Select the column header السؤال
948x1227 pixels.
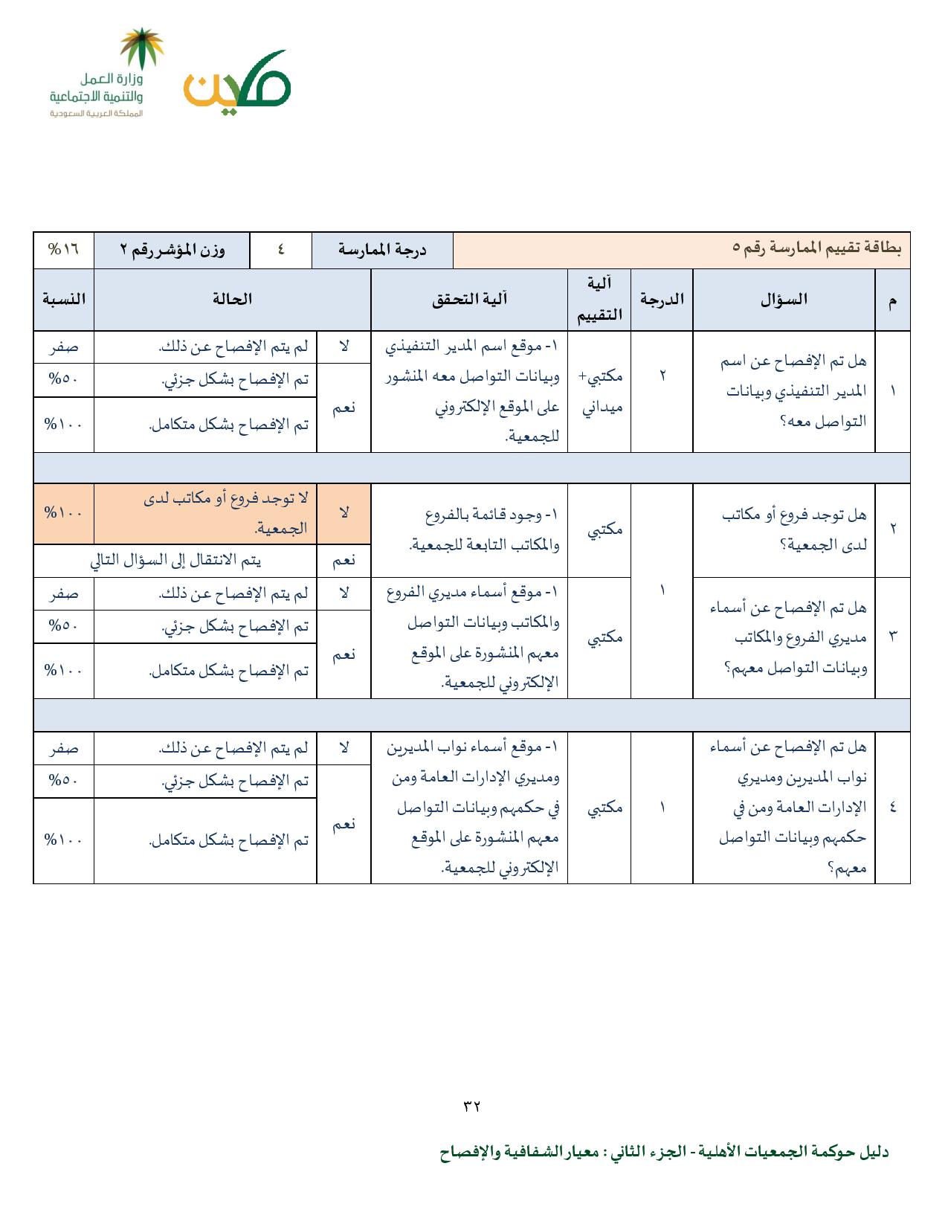[784, 300]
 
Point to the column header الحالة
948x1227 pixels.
[232, 300]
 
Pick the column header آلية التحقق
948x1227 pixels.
[469, 300]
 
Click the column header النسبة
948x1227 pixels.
[64, 300]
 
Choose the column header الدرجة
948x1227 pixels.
[662, 300]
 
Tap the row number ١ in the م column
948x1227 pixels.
[892, 391]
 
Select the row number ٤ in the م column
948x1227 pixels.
[892, 808]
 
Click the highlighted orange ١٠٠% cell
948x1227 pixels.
[64, 513]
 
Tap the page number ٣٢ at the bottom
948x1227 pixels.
[472, 1105]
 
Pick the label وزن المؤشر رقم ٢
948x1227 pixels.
[172, 250]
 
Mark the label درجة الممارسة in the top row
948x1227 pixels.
[382, 250]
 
